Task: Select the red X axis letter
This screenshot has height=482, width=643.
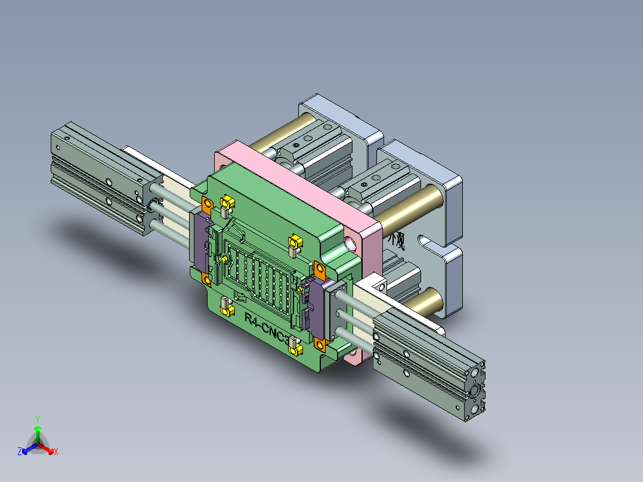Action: [56, 452]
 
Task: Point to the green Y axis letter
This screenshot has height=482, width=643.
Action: [37, 419]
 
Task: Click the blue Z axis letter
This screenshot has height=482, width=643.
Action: [20, 452]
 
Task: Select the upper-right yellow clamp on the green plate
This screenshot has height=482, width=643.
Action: [295, 243]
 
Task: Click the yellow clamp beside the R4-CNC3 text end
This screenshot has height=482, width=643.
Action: [295, 344]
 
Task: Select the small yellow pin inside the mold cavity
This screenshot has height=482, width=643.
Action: [224, 258]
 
